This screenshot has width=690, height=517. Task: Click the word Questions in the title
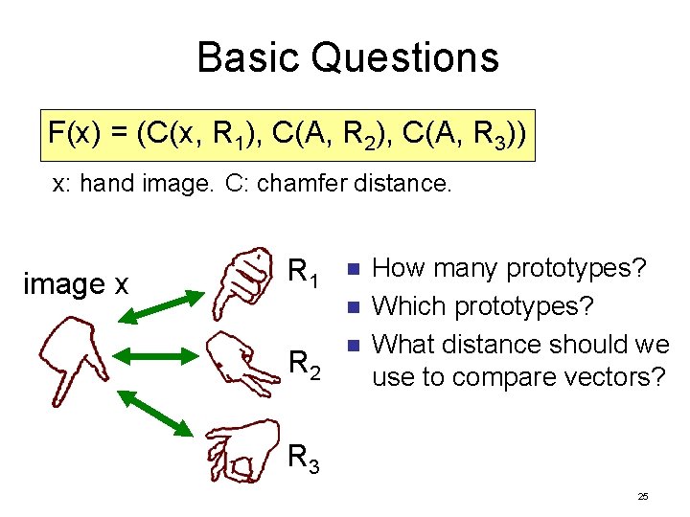pos(405,57)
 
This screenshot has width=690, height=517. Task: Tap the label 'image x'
pos(77,283)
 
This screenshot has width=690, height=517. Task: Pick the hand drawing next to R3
pos(243,447)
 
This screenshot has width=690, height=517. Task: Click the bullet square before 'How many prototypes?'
pos(352,269)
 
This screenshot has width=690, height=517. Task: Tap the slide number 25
pos(642,496)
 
